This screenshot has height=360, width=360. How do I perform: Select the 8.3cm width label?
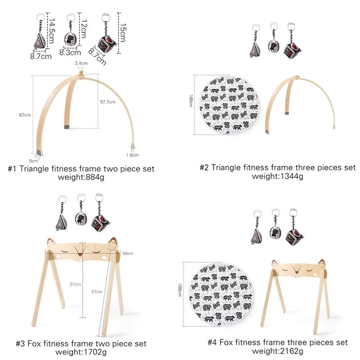pos(70,53)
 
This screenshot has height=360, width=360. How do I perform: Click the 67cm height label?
pos(25,115)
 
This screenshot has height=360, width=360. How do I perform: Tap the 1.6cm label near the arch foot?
pos(132,155)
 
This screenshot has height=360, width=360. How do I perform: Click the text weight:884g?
pos(81,177)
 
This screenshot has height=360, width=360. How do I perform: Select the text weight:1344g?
pos(278,176)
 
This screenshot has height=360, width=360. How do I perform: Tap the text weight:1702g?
pos(81,351)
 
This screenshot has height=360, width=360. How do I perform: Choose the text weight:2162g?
pos(278,351)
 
